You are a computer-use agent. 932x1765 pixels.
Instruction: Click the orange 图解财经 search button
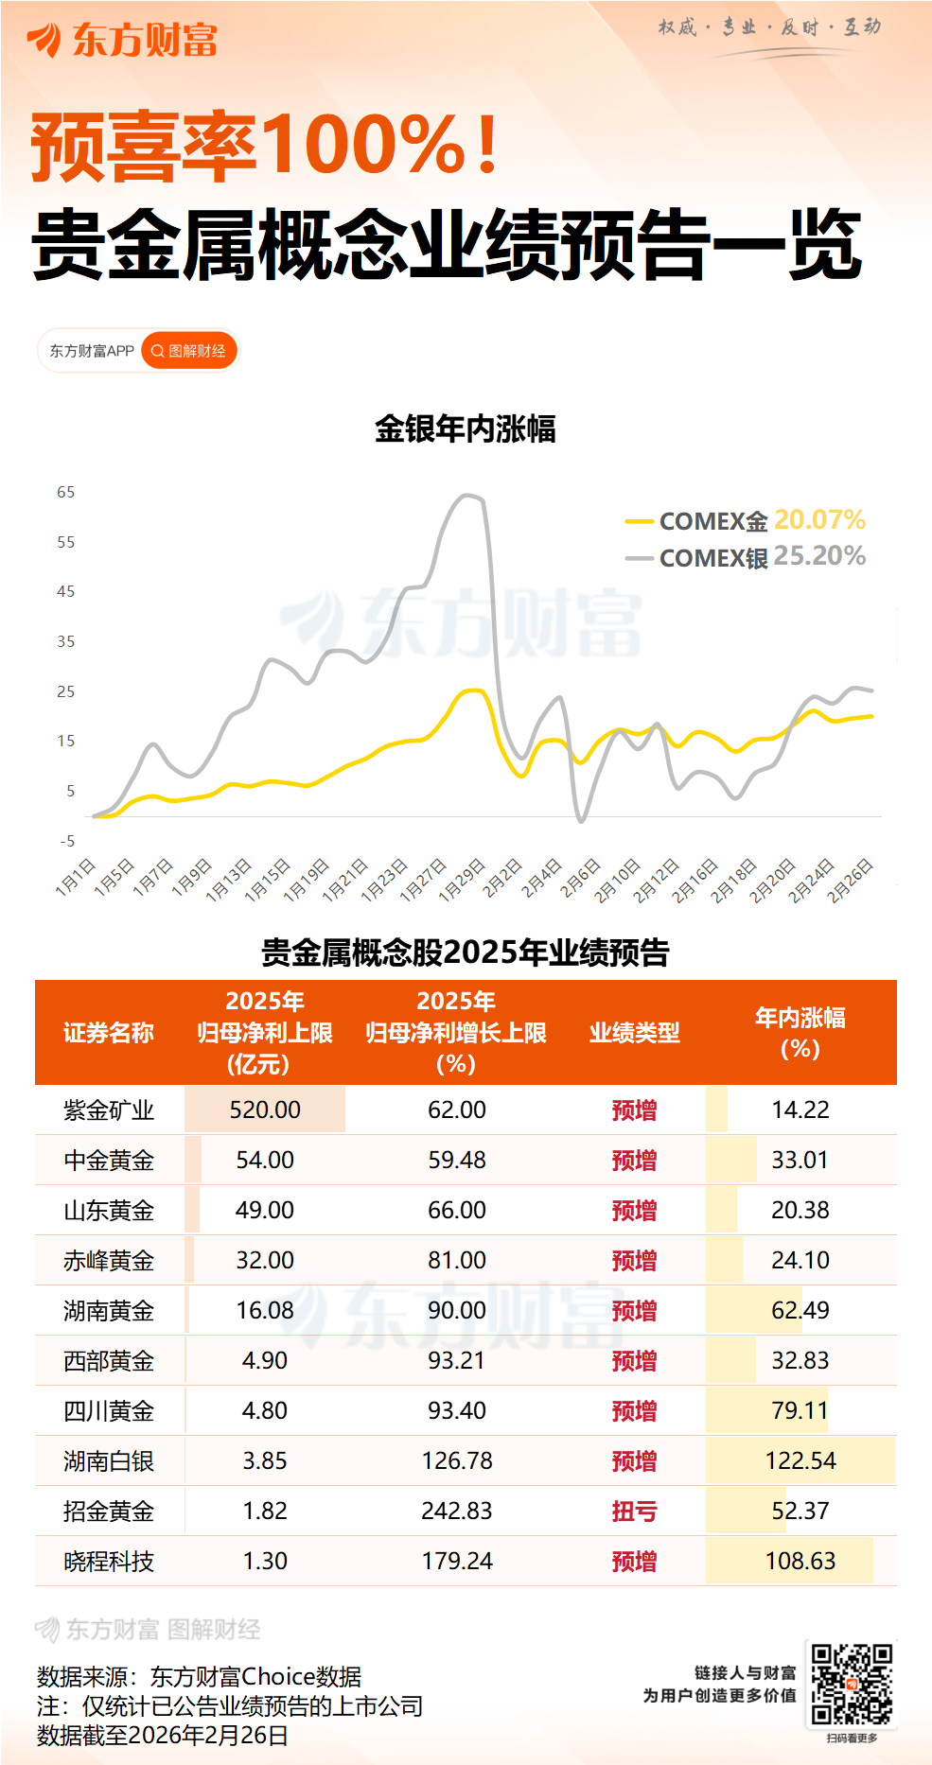coord(189,351)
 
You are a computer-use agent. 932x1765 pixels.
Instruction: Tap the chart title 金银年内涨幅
coord(465,428)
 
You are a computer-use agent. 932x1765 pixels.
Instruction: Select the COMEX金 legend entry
coord(712,521)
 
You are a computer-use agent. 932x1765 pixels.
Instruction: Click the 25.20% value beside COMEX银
coord(819,556)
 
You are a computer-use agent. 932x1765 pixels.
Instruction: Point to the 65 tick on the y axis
coord(65,492)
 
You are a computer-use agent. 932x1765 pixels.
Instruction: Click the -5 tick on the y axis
coord(67,841)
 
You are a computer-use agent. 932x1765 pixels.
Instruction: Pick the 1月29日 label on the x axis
coord(463,879)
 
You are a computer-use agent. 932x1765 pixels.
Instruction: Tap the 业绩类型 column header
coord(634,1032)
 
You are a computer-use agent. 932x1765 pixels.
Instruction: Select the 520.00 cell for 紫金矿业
coord(265,1110)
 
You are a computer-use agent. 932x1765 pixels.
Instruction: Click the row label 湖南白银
coord(109,1461)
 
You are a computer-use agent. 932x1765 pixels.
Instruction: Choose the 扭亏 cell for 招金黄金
coord(634,1512)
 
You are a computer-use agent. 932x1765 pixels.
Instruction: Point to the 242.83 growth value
coord(457,1512)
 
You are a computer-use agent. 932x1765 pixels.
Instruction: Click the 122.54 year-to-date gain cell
coord(800,1461)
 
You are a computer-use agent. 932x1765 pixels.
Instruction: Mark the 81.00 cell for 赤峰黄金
coord(457,1261)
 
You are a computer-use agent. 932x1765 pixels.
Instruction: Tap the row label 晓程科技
coord(109,1562)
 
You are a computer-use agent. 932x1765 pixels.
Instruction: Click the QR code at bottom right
coord(852,1685)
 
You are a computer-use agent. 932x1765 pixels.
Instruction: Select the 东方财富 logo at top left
coord(123,40)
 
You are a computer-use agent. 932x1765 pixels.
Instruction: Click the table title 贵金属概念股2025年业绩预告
coord(465,952)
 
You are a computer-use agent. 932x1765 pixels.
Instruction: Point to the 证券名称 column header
coord(109,1032)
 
